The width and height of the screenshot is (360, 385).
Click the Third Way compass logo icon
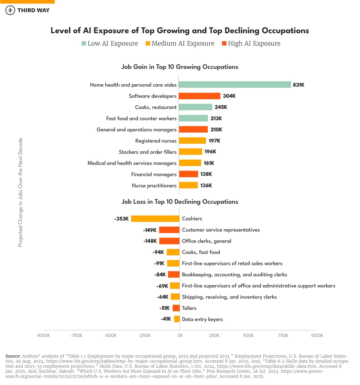10,10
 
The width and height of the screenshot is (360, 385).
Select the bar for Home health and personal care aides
235,85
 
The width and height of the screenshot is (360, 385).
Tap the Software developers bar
199,96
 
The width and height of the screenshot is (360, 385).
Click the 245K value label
221,107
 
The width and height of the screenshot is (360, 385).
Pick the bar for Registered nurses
192,141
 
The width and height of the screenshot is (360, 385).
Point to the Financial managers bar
188,174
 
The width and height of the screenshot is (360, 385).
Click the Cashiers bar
155,219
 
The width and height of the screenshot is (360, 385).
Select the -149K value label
150,230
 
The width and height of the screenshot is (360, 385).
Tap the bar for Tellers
176,308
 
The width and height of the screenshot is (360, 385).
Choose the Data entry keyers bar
177,319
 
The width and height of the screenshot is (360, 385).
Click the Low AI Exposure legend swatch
84,43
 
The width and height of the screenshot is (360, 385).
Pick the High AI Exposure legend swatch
224,43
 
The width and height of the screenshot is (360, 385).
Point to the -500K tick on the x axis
111,336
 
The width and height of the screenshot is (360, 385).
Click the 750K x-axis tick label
282,336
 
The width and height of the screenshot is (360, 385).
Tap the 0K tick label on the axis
180,336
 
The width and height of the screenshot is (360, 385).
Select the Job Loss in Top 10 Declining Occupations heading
180,202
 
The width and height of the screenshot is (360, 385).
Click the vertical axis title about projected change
21,192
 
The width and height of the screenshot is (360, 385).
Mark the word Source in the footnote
13,356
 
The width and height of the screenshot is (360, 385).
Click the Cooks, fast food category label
201,252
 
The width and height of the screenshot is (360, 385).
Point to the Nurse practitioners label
154,186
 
